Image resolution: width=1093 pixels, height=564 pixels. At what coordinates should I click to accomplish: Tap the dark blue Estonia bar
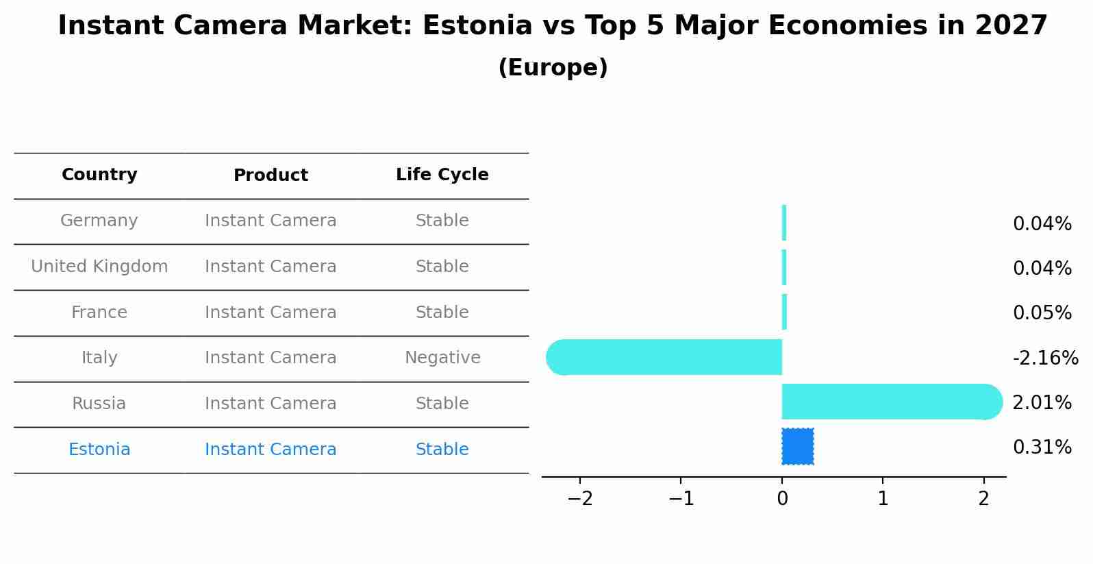798,447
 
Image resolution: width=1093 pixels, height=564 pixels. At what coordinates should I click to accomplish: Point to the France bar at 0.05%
784,312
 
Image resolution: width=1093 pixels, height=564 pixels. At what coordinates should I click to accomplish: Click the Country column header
99,175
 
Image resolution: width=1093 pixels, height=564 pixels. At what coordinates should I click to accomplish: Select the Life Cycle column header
442,175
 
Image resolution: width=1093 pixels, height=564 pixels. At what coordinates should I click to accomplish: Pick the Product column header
271,175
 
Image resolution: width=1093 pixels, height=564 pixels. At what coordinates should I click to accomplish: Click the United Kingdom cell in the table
99,267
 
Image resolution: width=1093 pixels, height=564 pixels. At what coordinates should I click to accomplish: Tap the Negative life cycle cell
442,358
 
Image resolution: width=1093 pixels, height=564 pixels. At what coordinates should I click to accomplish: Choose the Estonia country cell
99,450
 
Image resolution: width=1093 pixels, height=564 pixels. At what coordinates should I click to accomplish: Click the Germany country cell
99,221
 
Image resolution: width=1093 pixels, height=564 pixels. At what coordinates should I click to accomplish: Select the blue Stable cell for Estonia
442,450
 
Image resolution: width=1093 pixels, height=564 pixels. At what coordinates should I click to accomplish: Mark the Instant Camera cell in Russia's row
271,404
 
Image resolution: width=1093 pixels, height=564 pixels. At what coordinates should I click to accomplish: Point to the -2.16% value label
1045,358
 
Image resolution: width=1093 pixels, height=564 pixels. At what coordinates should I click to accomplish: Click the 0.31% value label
1042,447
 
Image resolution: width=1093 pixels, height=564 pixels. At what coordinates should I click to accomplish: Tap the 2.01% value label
1042,403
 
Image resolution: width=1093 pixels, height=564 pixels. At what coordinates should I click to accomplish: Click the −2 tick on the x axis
580,499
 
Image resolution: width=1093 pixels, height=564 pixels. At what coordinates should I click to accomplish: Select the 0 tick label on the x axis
782,499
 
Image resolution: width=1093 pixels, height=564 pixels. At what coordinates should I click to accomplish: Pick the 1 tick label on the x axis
883,499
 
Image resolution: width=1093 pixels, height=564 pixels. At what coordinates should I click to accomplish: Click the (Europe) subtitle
553,68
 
